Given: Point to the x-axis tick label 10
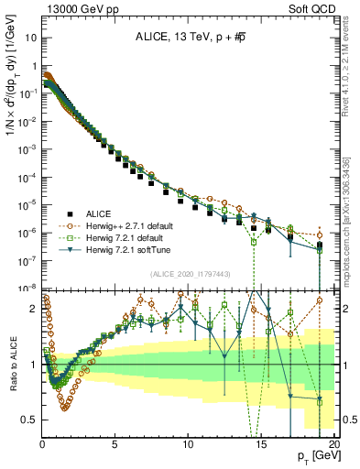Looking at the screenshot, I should click(188, 444).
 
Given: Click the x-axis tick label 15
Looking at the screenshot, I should click(261, 444).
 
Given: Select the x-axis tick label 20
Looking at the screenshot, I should click(333, 444).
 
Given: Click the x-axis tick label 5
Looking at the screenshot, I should click(115, 444).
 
